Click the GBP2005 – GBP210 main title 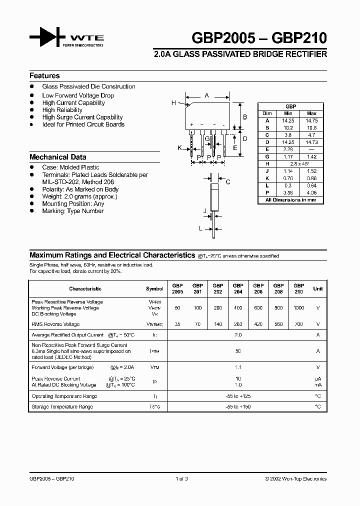coord(259,38)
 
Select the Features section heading coord(44,76)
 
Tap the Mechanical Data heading coord(57,157)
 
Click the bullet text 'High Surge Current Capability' coord(82,117)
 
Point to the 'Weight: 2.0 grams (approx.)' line coord(79,196)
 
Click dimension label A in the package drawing coord(206,95)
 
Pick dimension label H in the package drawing coord(174,103)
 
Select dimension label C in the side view coord(228,182)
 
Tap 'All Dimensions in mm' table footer coord(290,200)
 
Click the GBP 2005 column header coord(177,288)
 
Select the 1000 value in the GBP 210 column coord(298,308)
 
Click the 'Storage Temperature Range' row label coord(62,407)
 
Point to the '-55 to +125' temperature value coord(238,396)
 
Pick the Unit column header coord(318,288)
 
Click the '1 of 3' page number coord(182,478)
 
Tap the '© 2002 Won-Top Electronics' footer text coord(295,478)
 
